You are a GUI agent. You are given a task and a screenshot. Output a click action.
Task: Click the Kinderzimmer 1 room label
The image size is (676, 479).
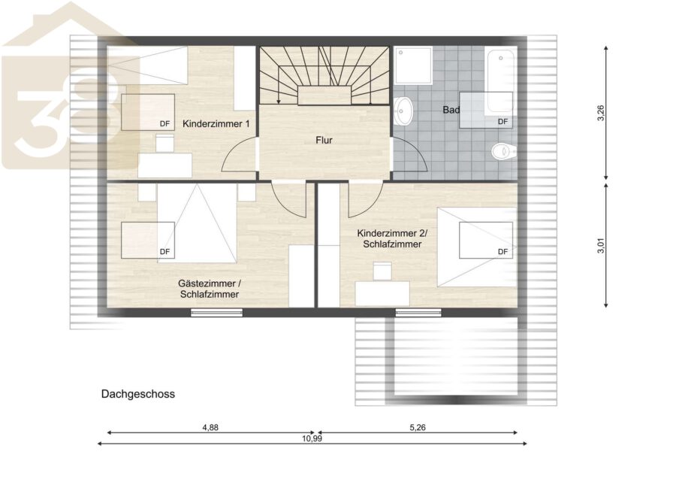click(216, 124)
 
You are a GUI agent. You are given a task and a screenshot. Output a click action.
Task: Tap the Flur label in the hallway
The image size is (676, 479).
click(324, 141)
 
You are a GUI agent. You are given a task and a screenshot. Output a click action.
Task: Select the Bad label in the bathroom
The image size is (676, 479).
click(451, 110)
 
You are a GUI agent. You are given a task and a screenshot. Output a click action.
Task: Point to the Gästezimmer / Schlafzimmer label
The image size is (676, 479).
click(210, 289)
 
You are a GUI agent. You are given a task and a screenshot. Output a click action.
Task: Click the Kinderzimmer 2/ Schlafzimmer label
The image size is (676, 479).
click(392, 238)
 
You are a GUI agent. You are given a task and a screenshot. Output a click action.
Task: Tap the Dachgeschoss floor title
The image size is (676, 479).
click(138, 394)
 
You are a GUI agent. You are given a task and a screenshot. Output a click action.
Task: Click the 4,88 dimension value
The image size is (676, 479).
click(210, 428)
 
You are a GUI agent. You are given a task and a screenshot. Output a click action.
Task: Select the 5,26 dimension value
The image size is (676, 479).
click(418, 428)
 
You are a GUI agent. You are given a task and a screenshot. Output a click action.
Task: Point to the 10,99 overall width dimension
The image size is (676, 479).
click(312, 438)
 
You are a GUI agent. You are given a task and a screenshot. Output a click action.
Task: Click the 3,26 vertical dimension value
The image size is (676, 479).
click(601, 113)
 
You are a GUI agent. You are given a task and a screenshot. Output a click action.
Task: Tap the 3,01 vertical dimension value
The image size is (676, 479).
click(601, 245)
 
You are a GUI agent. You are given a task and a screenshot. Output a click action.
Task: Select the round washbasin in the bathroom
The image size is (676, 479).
click(403, 111)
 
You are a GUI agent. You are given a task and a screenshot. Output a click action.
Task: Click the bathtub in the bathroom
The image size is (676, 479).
click(500, 82)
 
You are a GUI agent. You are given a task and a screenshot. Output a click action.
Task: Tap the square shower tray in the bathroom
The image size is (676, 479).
click(412, 65)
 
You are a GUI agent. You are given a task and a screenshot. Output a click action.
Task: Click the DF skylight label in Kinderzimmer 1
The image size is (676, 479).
click(164, 124)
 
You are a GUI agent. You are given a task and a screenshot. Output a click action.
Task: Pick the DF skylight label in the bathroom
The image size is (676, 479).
click(502, 122)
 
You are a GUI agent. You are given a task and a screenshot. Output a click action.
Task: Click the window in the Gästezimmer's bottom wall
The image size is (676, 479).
click(216, 312)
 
